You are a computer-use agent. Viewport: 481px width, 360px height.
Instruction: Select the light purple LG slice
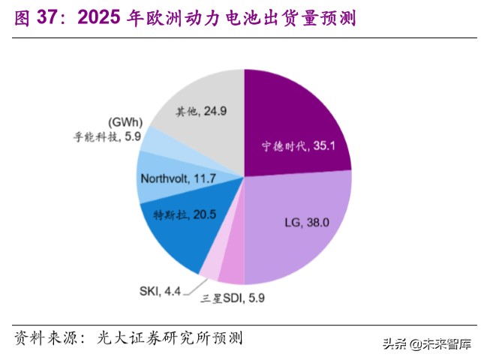300,225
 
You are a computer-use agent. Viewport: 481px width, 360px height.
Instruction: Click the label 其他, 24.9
202,112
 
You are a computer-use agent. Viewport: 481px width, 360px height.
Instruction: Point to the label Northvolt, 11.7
179,178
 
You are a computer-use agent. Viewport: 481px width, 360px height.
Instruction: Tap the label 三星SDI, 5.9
233,298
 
